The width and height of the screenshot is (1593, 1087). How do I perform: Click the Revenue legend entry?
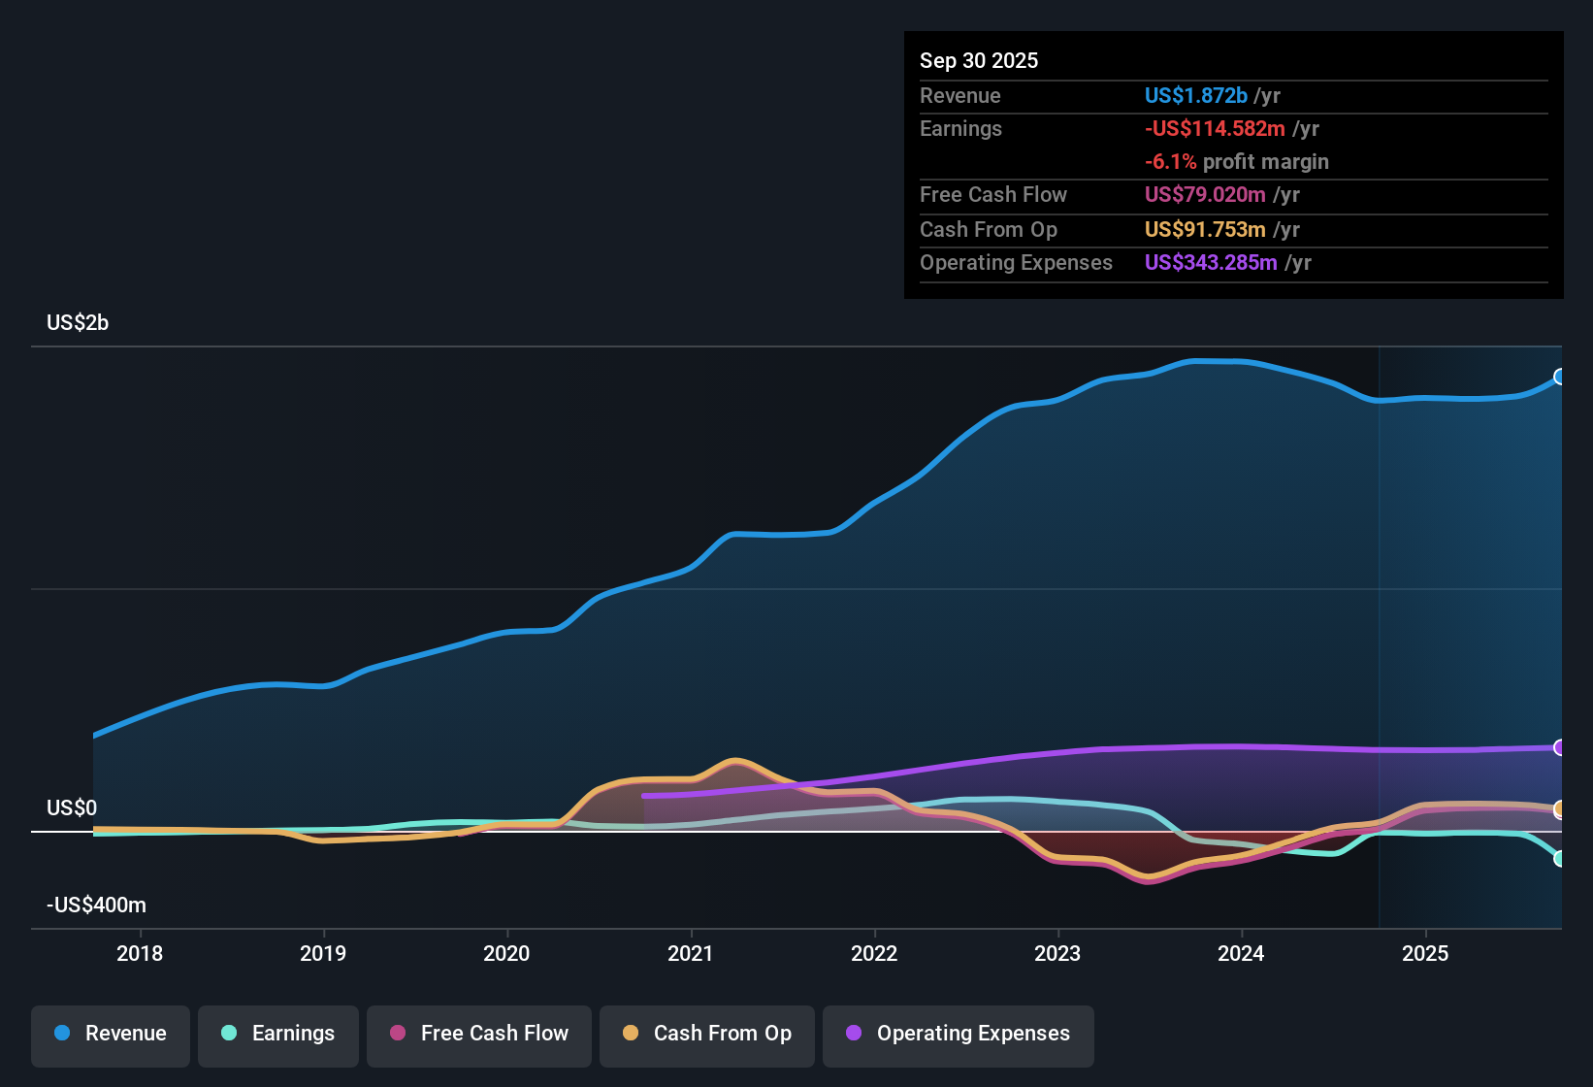pos(111,1034)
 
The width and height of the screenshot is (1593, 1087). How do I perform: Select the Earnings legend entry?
pos(278,1034)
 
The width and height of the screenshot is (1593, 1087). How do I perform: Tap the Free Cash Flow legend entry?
pos(479,1034)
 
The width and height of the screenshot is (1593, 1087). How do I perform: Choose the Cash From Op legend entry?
pos(707,1034)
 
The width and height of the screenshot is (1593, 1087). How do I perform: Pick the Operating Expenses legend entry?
pos(959,1034)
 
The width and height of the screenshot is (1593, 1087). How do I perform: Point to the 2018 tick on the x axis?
pos(140,953)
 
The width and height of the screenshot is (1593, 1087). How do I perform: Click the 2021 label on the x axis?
pos(691,953)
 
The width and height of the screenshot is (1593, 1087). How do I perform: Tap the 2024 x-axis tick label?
pos(1241,953)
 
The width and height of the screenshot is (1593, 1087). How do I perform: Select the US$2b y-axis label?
pos(78,323)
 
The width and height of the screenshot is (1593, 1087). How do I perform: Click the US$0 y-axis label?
pos(72,808)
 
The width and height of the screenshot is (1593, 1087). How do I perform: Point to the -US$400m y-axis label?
pos(96,906)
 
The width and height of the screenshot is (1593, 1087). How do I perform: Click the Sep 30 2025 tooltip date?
pos(979,61)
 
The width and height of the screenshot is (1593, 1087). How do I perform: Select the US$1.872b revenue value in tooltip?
pos(1195,96)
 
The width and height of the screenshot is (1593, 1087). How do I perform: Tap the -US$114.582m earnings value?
pos(1215,129)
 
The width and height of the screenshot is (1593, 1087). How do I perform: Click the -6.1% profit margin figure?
pos(1170,162)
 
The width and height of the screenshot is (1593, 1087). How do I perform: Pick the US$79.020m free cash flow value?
pos(1205,195)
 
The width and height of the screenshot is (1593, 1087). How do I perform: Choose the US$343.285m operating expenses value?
pos(1211,263)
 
